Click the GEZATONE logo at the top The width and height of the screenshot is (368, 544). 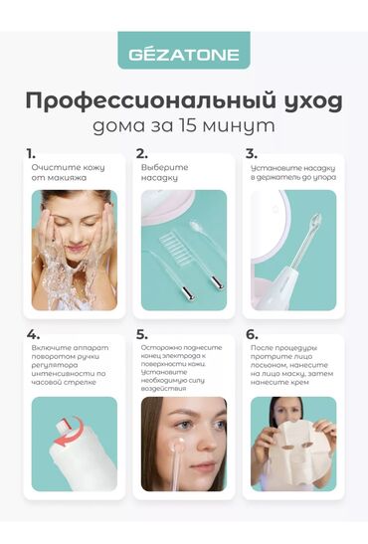point(183,50)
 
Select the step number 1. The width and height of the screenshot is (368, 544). point(32,153)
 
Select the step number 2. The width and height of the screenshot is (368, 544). point(142,153)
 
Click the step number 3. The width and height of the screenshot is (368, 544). point(251,153)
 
